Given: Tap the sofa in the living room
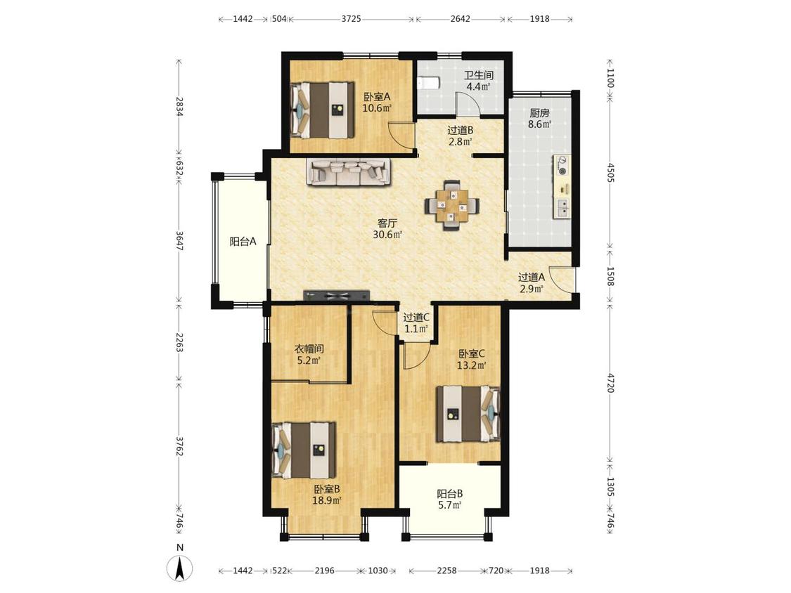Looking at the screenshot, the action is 349,171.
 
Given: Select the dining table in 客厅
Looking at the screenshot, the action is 452,204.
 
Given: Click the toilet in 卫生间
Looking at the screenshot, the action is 427,82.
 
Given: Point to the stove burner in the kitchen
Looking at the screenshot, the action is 562,167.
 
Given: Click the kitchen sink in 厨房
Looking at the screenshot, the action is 562,208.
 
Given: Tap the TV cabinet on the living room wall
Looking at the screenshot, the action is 337,296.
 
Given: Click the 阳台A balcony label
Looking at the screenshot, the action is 243,242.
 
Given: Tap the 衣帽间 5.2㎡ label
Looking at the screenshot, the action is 309,355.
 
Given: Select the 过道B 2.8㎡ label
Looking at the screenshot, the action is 461,136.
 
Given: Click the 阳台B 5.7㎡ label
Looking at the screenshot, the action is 450,500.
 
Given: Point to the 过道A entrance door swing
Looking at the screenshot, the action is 562,280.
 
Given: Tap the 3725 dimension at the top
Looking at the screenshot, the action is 351,19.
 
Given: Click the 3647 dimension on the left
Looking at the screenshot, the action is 179,241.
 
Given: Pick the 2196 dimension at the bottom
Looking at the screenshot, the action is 324,571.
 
